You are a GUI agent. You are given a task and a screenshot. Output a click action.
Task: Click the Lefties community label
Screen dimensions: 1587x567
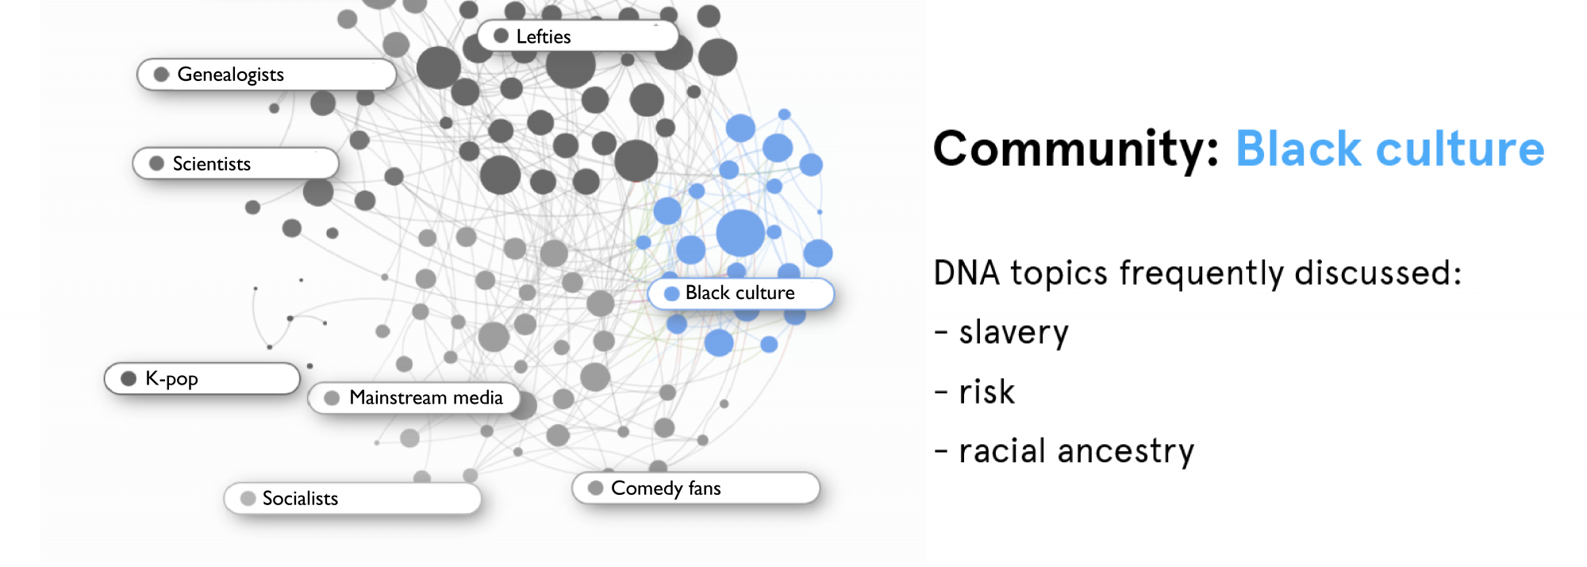click(x=578, y=36)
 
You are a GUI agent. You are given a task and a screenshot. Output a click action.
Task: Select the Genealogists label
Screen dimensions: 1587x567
click(x=267, y=75)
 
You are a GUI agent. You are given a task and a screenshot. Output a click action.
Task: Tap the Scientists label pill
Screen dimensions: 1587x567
click(x=236, y=163)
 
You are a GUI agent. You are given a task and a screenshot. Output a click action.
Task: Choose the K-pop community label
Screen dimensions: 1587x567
click(x=202, y=378)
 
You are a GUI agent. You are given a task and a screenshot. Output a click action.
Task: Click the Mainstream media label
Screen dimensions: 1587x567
click(x=414, y=397)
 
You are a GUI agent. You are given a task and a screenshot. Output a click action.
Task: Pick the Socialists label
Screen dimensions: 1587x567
click(x=353, y=498)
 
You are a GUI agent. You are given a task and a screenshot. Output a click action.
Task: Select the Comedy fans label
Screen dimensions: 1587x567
click(x=696, y=488)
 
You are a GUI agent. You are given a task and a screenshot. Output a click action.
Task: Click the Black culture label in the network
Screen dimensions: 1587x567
click(x=741, y=293)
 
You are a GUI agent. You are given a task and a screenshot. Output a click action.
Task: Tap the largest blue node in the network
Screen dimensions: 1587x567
click(x=740, y=233)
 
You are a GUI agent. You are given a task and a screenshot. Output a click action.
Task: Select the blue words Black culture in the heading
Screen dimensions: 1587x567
click(x=1390, y=149)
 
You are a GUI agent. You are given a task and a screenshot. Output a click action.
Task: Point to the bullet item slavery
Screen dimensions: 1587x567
click(x=1001, y=332)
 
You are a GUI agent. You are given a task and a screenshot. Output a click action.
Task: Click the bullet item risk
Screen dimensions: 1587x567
click(x=974, y=392)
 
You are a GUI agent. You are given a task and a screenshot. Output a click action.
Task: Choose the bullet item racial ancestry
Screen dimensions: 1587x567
click(x=1064, y=451)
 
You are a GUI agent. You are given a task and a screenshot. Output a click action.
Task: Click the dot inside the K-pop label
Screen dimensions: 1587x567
click(x=129, y=378)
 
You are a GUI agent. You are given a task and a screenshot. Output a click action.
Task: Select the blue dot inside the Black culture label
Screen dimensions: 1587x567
click(x=671, y=293)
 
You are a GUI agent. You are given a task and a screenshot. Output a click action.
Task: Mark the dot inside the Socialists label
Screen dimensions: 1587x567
click(x=248, y=498)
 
